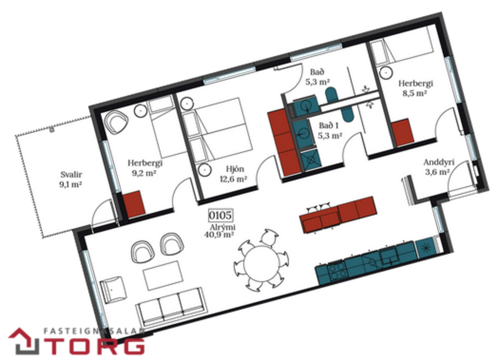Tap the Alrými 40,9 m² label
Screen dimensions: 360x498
coord(219,231)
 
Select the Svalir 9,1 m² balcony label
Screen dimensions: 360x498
coord(70,179)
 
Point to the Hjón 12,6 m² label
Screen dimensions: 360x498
coord(233,175)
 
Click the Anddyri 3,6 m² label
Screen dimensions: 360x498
coord(438,167)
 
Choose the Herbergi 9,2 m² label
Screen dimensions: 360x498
coord(145,168)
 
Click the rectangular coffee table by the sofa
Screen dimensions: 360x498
coord(163,275)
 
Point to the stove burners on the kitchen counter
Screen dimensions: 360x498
coord(338,268)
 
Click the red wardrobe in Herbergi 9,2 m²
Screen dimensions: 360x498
coord(134,204)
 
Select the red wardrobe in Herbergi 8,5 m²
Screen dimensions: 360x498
coord(402,132)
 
